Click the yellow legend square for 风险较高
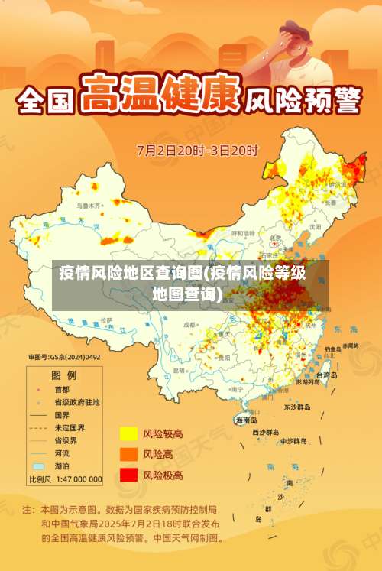[128, 434]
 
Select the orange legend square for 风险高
[128, 454]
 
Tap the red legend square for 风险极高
[128, 475]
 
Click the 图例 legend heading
[63, 375]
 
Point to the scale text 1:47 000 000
[76, 479]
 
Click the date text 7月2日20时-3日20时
[197, 150]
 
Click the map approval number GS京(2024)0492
[64, 357]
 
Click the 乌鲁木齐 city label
[88, 206]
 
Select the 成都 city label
[189, 324]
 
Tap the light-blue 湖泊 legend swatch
[38, 466]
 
